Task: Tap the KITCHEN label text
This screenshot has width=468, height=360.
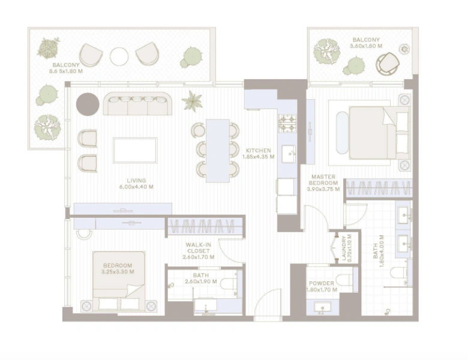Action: click(x=259, y=150)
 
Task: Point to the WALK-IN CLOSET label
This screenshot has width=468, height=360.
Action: click(x=198, y=247)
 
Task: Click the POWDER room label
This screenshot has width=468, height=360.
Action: click(x=321, y=283)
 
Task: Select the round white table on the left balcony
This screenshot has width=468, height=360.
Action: click(x=119, y=57)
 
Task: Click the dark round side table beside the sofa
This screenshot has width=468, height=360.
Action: click(x=88, y=103)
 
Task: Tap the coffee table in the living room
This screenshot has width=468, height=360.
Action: click(x=135, y=150)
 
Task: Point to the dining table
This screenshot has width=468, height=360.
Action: click(x=218, y=150)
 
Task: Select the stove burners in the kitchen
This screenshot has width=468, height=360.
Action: click(x=287, y=124)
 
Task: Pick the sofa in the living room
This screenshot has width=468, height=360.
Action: click(x=137, y=104)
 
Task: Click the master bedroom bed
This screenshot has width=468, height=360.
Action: click(x=372, y=133)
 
